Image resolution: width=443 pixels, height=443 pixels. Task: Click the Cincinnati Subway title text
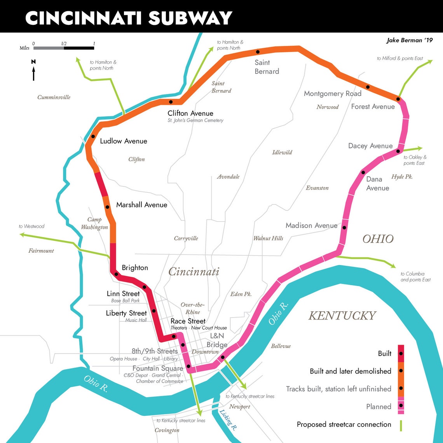(128, 17)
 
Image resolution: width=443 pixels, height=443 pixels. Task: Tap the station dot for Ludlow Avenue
(93, 136)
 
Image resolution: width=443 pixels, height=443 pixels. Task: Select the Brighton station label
(135, 268)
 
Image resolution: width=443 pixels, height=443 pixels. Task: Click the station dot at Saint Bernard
(257, 52)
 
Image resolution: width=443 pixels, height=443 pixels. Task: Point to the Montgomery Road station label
(332, 94)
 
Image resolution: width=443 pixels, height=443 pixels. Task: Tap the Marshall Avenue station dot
(107, 207)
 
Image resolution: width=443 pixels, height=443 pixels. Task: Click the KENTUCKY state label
(342, 316)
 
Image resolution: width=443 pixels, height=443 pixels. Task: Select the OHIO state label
(378, 239)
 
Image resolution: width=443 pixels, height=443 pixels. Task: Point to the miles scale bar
(64, 48)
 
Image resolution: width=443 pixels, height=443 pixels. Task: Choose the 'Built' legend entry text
(384, 354)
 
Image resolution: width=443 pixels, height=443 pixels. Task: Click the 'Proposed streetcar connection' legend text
(344, 424)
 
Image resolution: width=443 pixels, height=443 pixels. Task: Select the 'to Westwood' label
(31, 226)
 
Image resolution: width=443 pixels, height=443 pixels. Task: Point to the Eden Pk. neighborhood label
(241, 294)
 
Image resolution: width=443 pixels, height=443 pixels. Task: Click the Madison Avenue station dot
(344, 228)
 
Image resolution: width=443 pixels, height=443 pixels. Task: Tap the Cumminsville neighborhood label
(54, 97)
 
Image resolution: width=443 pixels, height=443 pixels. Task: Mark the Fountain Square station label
(157, 368)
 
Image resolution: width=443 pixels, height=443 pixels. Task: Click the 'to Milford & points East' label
(399, 58)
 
